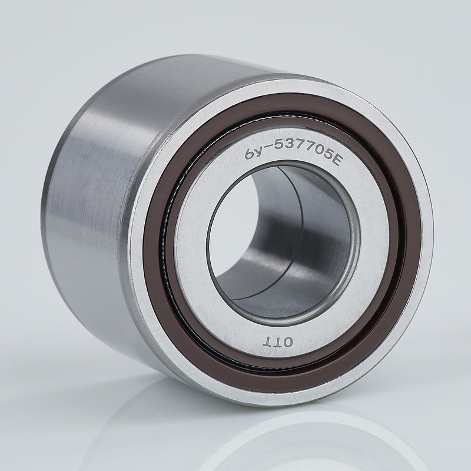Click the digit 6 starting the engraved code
[x=250, y=154]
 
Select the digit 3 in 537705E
[x=290, y=145]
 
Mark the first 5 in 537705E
[x=281, y=144]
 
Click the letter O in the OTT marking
[x=287, y=342]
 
